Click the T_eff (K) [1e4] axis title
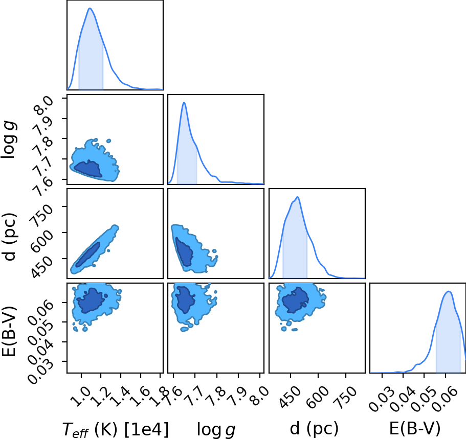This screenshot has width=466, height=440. [x=116, y=429]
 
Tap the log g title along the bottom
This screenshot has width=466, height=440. [x=216, y=430]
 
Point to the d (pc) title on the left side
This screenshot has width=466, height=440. [x=10, y=237]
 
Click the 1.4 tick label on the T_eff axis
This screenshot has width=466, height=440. [x=120, y=397]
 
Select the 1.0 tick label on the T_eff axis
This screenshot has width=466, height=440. [x=81, y=397]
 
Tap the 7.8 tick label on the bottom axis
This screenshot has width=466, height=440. [x=218, y=397]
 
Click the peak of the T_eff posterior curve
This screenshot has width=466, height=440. [x=90, y=8]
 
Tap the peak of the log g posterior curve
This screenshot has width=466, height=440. [x=184, y=103]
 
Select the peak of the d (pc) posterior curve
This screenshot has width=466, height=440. [x=297, y=197]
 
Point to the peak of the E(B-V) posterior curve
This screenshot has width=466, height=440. [x=449, y=291]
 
